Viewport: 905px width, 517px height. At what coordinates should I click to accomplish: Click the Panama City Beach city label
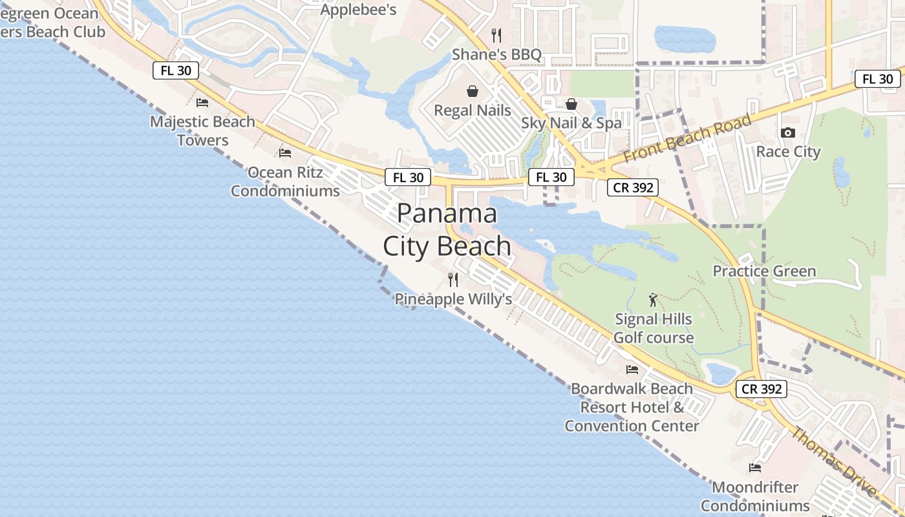447,230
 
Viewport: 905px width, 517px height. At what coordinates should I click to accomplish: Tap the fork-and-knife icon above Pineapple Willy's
453,280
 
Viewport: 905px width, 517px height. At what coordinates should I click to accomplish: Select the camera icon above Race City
788,133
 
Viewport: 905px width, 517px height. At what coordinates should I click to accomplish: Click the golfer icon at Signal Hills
653,300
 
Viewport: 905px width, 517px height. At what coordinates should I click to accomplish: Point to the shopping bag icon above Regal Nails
473,91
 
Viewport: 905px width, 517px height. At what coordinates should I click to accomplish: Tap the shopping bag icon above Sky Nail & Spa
571,103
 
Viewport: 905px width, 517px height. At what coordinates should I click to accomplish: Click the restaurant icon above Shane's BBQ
496,35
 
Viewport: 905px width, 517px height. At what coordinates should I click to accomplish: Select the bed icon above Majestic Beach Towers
202,102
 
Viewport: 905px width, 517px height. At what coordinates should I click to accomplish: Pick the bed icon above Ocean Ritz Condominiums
285,153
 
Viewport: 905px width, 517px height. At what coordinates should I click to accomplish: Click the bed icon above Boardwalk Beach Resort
632,369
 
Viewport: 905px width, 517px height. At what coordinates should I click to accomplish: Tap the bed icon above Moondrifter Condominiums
755,467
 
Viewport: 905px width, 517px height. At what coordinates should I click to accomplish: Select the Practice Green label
764,271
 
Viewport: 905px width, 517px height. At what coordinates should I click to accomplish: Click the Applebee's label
358,10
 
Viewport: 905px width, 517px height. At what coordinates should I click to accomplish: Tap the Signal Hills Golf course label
653,328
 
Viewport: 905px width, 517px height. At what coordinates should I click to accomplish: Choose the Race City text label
788,152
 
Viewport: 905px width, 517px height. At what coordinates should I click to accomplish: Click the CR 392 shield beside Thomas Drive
762,389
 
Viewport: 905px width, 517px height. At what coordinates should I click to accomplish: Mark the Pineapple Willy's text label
453,299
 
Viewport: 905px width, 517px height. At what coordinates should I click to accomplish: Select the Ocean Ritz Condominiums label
285,182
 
